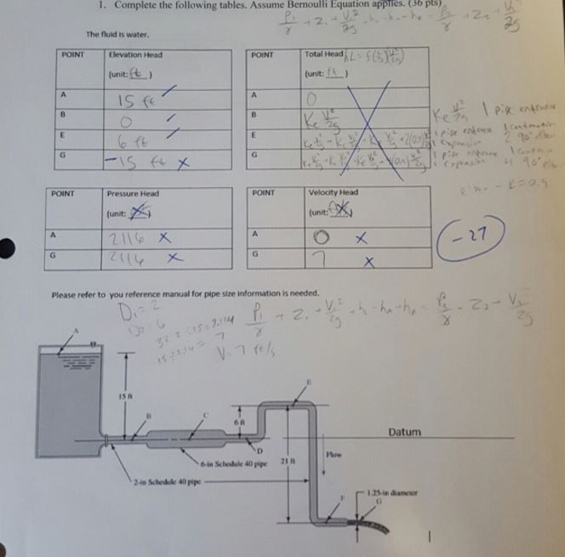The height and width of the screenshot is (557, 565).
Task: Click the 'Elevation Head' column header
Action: coord(136,55)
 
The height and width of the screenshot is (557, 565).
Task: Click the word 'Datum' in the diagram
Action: coord(403,432)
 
